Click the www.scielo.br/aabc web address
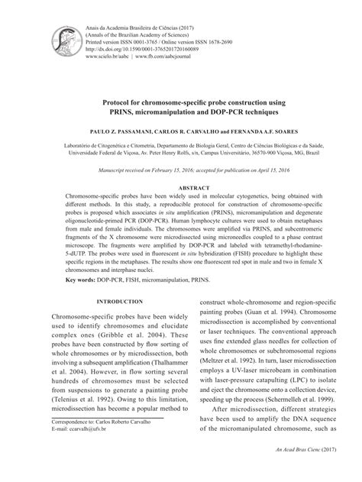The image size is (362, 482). tap(109, 57)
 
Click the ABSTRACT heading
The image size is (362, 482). tap(180, 187)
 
